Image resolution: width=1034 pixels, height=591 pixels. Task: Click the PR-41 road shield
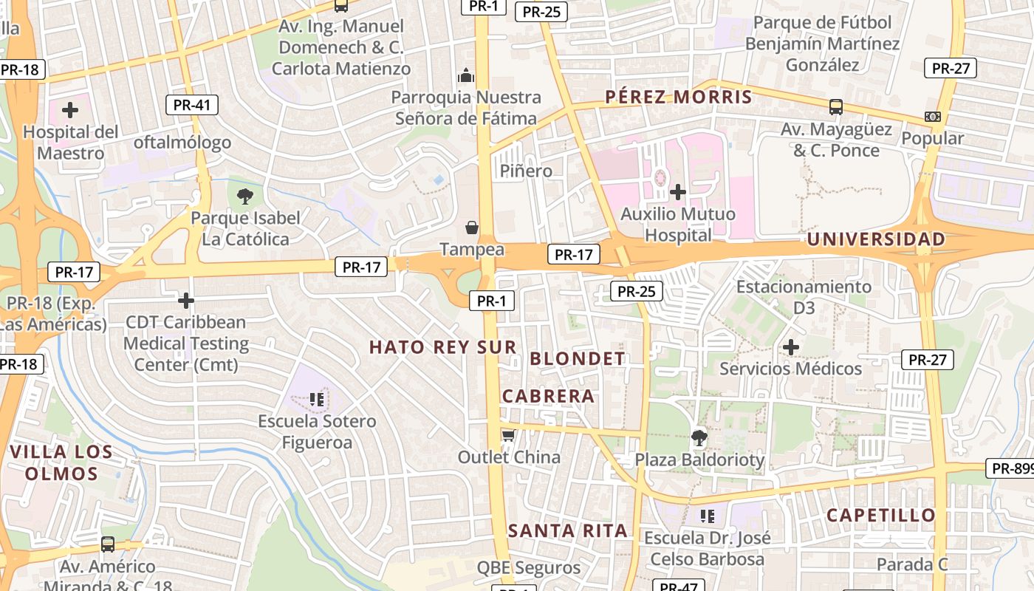click(192, 105)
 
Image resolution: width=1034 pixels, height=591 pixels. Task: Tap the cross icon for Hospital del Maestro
click(70, 111)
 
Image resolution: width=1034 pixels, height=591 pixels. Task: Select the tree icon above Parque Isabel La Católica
click(244, 197)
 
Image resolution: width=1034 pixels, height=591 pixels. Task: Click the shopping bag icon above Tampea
click(472, 228)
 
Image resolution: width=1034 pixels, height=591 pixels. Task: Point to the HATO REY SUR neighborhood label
click(443, 346)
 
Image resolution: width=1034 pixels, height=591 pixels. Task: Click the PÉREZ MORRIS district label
click(679, 97)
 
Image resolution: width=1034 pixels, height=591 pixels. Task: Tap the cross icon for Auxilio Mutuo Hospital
click(677, 193)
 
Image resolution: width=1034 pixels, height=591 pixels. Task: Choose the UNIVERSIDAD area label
click(876, 239)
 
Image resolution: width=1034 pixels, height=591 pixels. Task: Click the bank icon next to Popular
click(932, 117)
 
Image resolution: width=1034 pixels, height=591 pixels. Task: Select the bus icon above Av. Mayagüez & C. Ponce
click(835, 107)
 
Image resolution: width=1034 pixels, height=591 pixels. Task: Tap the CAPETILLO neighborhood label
click(881, 515)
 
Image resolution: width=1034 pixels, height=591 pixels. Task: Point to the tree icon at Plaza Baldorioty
click(699, 438)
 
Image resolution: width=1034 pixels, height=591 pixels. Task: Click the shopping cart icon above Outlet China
click(508, 435)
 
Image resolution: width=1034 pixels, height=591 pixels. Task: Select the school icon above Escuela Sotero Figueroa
click(318, 400)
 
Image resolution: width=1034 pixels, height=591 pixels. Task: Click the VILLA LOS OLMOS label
click(62, 462)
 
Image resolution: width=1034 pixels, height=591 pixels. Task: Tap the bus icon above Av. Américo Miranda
click(108, 544)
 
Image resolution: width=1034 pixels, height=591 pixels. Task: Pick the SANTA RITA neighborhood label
click(568, 530)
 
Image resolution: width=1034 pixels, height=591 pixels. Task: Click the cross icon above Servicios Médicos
click(791, 346)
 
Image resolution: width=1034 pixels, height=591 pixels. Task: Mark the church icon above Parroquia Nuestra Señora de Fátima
click(466, 75)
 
